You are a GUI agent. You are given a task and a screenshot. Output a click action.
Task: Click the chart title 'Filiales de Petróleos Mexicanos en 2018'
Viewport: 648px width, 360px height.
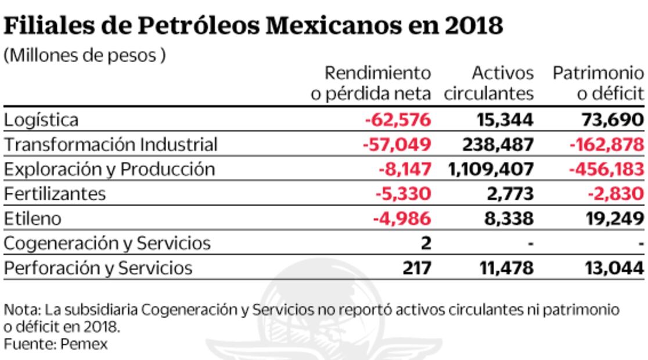point(253,26)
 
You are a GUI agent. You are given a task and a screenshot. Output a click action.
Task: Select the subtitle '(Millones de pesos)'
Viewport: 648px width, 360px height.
point(85,56)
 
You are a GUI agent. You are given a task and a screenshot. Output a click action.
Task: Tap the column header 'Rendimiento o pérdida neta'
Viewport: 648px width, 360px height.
point(372,83)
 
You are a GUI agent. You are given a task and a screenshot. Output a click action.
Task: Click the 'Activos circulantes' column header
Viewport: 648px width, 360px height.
point(489,83)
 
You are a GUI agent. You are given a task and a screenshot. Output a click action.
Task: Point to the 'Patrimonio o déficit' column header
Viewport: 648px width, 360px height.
point(598,83)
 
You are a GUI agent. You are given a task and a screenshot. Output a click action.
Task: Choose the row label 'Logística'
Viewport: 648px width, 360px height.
point(41,120)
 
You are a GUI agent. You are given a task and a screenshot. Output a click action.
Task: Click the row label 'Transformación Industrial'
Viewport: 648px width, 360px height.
point(110,145)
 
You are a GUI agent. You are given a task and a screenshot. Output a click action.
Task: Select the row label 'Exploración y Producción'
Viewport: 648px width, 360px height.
point(109,169)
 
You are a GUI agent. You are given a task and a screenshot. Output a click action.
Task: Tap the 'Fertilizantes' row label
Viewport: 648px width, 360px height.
point(55,193)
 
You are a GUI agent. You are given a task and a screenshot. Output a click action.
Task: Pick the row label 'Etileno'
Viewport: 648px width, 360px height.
point(32,218)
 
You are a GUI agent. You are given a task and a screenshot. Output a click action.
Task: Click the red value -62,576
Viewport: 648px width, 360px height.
point(398,120)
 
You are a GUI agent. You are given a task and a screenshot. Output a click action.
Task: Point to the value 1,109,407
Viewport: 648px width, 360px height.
point(491,169)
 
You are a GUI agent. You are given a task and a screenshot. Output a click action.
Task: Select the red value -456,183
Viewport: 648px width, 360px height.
point(607,169)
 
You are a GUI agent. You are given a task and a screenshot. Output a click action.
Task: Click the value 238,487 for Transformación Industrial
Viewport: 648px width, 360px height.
point(497,145)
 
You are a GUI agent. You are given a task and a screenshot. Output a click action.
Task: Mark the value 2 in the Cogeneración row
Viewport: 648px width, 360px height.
point(426,243)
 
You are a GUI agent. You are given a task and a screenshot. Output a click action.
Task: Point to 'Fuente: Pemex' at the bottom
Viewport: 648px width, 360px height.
point(56,343)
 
